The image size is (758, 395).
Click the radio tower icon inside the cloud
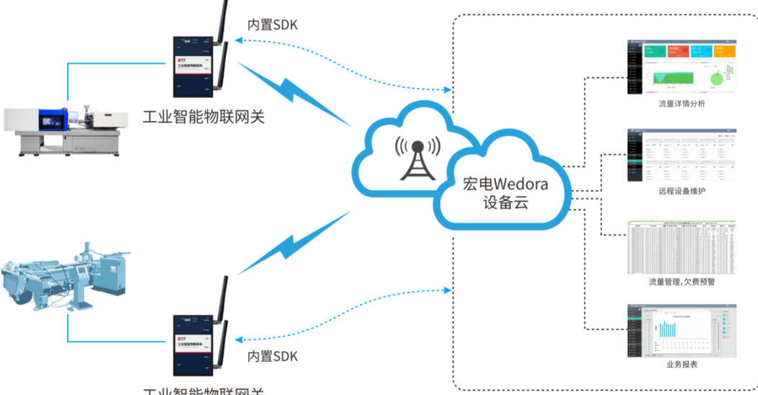click(417, 158)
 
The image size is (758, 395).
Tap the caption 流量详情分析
click(682, 104)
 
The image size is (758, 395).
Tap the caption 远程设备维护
click(682, 191)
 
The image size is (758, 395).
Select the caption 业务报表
click(682, 364)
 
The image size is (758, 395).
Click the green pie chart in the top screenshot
click(717, 76)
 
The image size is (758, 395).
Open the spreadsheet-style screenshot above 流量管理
click(682, 247)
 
